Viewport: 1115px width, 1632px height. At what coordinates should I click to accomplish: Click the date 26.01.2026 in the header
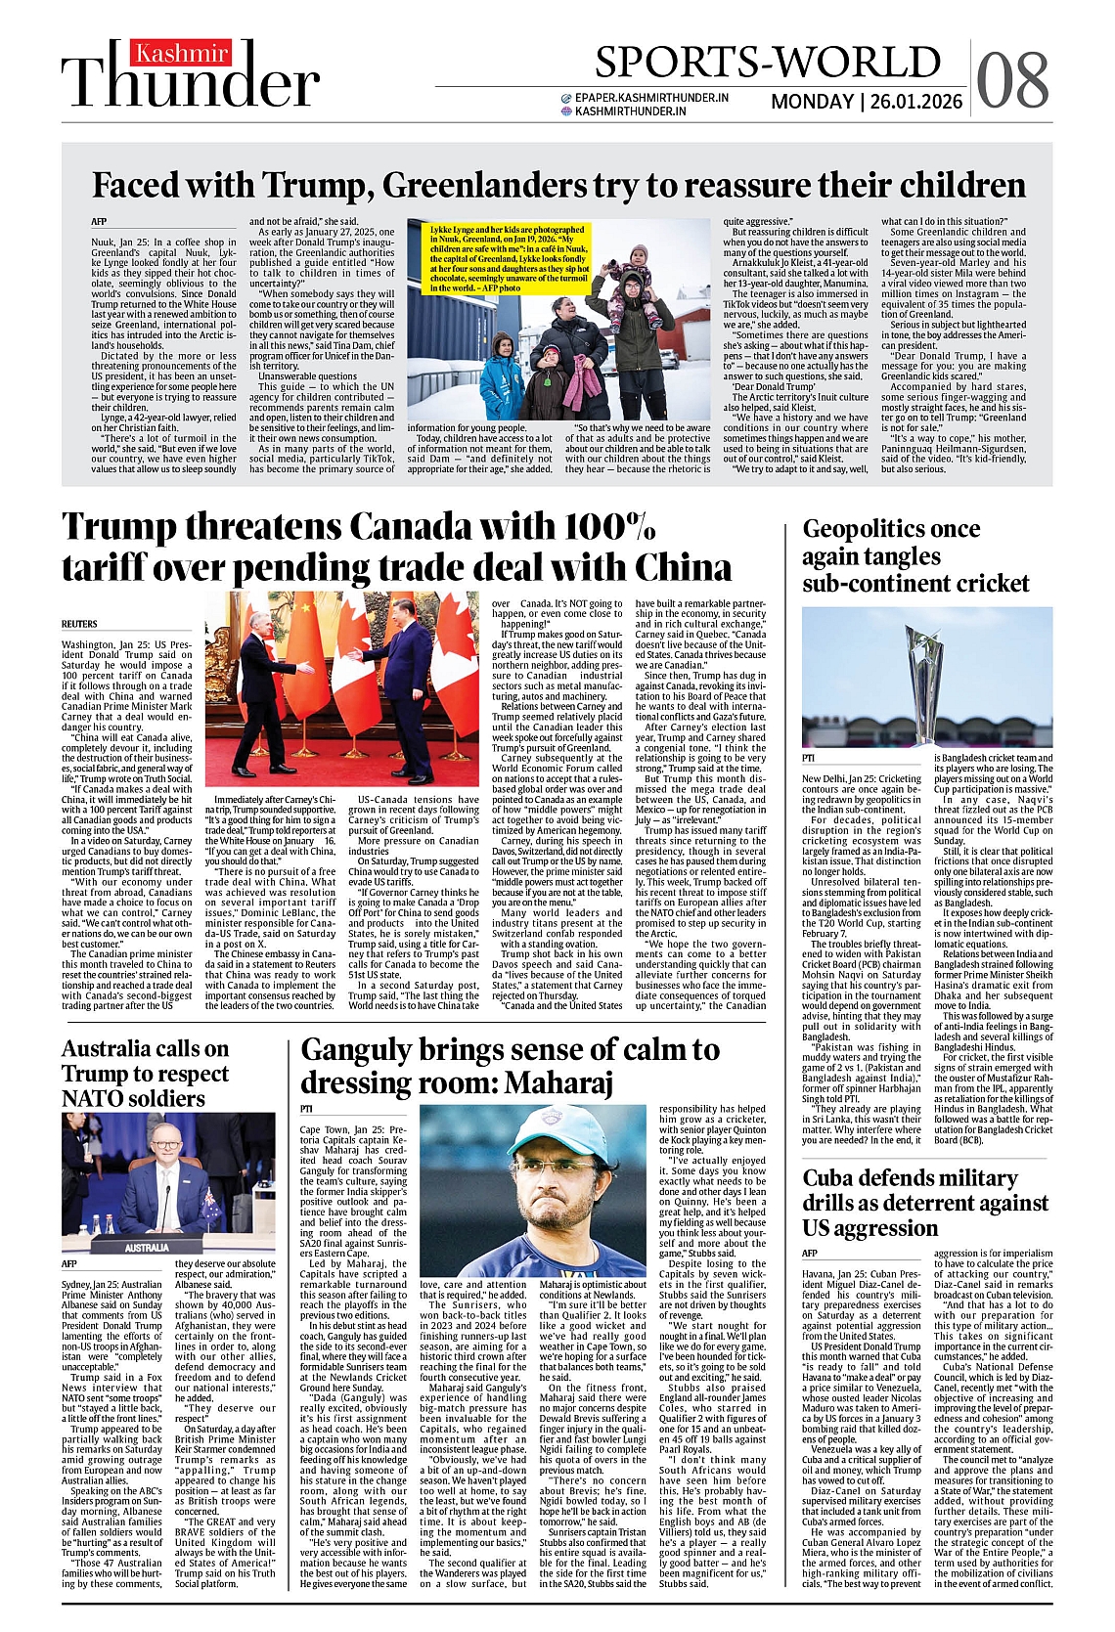[x=914, y=102]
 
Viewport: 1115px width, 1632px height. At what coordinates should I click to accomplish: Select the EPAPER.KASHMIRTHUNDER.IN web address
[x=651, y=98]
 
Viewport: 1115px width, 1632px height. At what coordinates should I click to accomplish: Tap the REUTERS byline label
[x=79, y=623]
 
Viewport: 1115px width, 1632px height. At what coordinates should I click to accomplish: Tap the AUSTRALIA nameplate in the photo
[x=147, y=1248]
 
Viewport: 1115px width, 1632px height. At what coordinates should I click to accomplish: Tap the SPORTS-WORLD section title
[x=768, y=63]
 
